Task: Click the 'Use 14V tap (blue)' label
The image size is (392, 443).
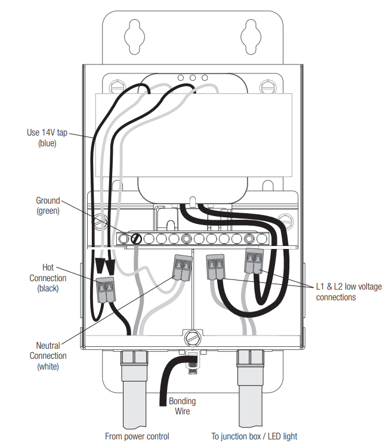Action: [x=47, y=137]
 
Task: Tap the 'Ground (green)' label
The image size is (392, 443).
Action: [x=48, y=205]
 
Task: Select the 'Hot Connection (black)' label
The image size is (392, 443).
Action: [x=48, y=278]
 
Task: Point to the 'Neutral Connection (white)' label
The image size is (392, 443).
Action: [x=48, y=356]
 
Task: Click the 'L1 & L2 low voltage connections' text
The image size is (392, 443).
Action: [x=349, y=292]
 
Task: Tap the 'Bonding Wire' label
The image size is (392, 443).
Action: [x=182, y=406]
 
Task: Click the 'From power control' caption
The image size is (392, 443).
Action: [x=137, y=436]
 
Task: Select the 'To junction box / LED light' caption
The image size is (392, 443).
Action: [x=254, y=436]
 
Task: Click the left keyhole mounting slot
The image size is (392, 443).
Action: [x=134, y=37]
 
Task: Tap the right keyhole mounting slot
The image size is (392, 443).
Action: [x=251, y=37]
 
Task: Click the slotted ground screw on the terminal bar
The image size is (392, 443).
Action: [x=136, y=239]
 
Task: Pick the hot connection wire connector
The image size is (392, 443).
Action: [x=106, y=289]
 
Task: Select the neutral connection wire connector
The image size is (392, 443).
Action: [x=183, y=267]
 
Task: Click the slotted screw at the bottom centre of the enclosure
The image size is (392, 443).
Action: [x=193, y=337]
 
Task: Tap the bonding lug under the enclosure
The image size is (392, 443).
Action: [x=193, y=362]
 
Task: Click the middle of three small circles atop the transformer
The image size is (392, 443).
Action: [x=193, y=78]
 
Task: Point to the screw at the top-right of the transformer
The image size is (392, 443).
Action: [x=268, y=87]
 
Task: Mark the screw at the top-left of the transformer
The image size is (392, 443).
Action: [x=117, y=87]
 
